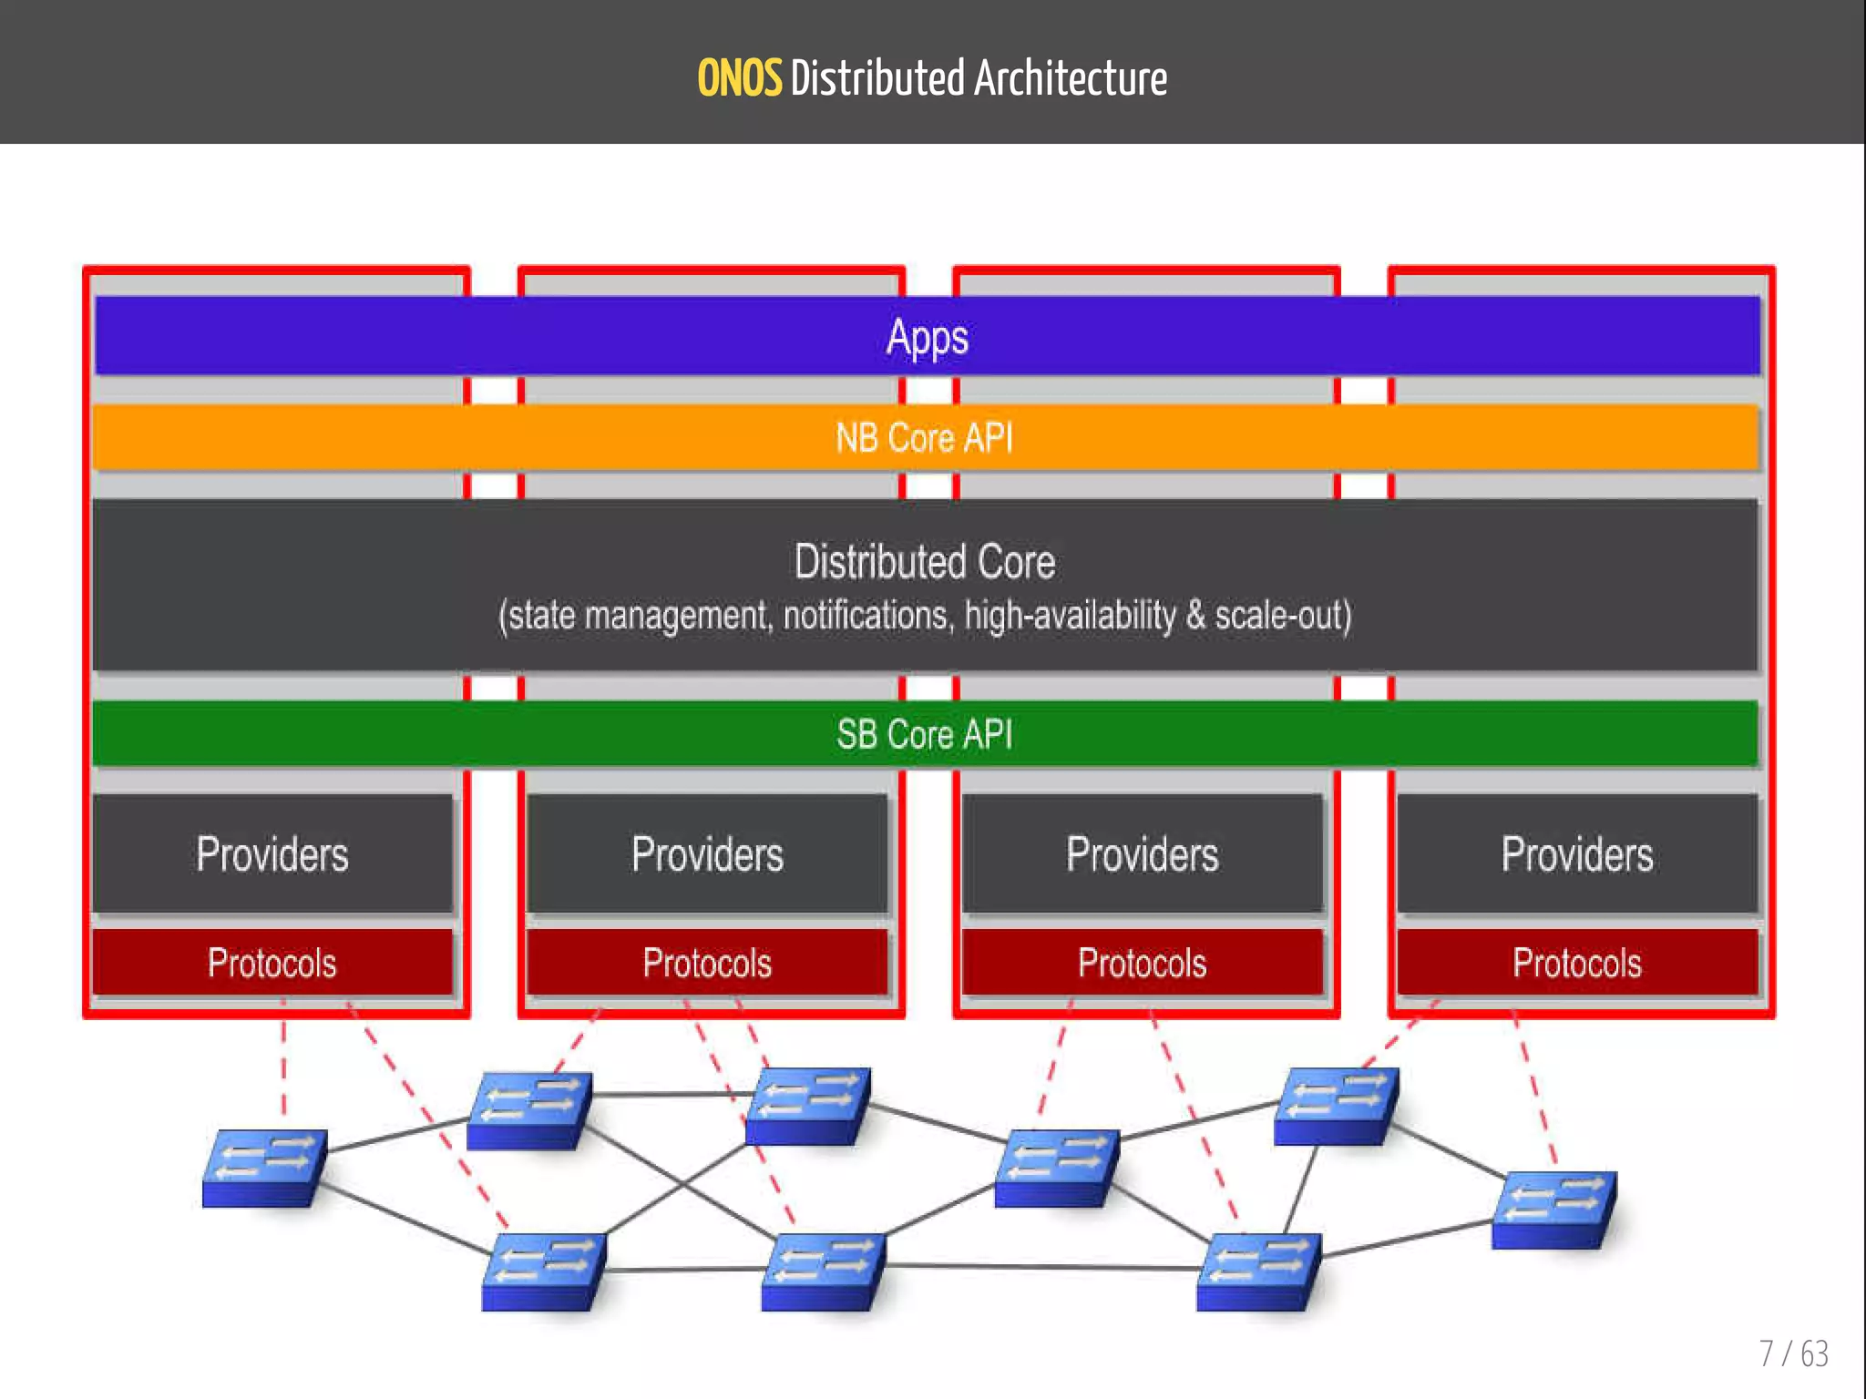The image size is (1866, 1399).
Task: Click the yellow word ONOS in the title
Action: (739, 78)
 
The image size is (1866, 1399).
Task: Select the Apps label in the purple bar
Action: (927, 338)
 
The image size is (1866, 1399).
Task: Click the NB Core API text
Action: (924, 438)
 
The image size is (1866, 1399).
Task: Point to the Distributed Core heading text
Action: (924, 562)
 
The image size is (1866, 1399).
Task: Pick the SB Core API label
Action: (924, 734)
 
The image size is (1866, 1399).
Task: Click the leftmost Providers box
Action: (272, 854)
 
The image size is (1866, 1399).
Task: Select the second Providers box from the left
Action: (707, 854)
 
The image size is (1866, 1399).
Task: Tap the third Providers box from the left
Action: (1142, 854)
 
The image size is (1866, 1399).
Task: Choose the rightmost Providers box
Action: (1577, 854)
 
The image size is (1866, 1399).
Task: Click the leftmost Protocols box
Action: (272, 963)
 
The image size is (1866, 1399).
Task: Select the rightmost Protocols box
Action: (1577, 963)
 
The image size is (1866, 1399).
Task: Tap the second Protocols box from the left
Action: (707, 963)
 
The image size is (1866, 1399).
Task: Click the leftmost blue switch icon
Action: (263, 1168)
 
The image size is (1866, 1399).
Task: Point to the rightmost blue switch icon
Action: (1553, 1210)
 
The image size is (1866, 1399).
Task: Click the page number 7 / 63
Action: (1793, 1353)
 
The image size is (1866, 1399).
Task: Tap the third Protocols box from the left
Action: (1142, 963)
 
